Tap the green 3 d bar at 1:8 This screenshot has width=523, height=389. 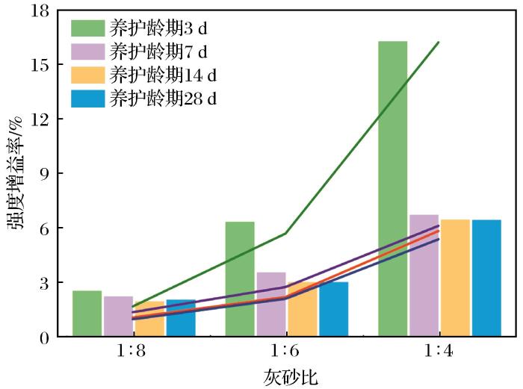[x=87, y=314]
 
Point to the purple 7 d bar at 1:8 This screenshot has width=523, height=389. [x=117, y=316]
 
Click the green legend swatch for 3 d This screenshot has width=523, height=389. [x=87, y=29]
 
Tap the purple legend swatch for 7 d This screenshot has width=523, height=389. [x=87, y=52]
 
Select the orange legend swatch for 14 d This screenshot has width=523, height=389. [x=87, y=75]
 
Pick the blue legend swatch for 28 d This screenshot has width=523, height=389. [x=87, y=98]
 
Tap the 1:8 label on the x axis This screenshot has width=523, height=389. [x=132, y=351]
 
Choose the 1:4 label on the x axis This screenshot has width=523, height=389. [x=439, y=351]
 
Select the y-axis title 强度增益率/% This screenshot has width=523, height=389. [x=16, y=173]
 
